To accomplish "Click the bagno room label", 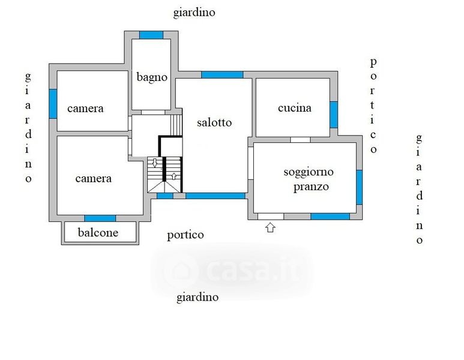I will tap(152, 77).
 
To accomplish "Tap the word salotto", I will tap(214, 122).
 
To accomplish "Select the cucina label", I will tap(295, 108).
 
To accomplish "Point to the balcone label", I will tap(99, 233).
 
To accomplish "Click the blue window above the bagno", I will tap(151, 35).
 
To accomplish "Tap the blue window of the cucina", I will tap(334, 114).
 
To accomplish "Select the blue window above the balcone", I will tap(100, 218).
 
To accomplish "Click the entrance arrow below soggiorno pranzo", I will tap(270, 227).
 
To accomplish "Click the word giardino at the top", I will tap(194, 12).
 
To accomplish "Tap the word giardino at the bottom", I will tap(197, 297).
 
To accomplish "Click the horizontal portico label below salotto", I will tap(185, 235).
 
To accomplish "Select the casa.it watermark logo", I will tap(231, 271).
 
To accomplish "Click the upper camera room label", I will tap(85, 109).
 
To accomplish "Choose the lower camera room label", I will tap(93, 179).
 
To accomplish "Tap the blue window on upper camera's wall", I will tap(53, 103).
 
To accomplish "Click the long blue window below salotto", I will tap(215, 196).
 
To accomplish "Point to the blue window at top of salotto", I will tap(222, 74).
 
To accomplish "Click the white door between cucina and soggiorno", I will tap(300, 140).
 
